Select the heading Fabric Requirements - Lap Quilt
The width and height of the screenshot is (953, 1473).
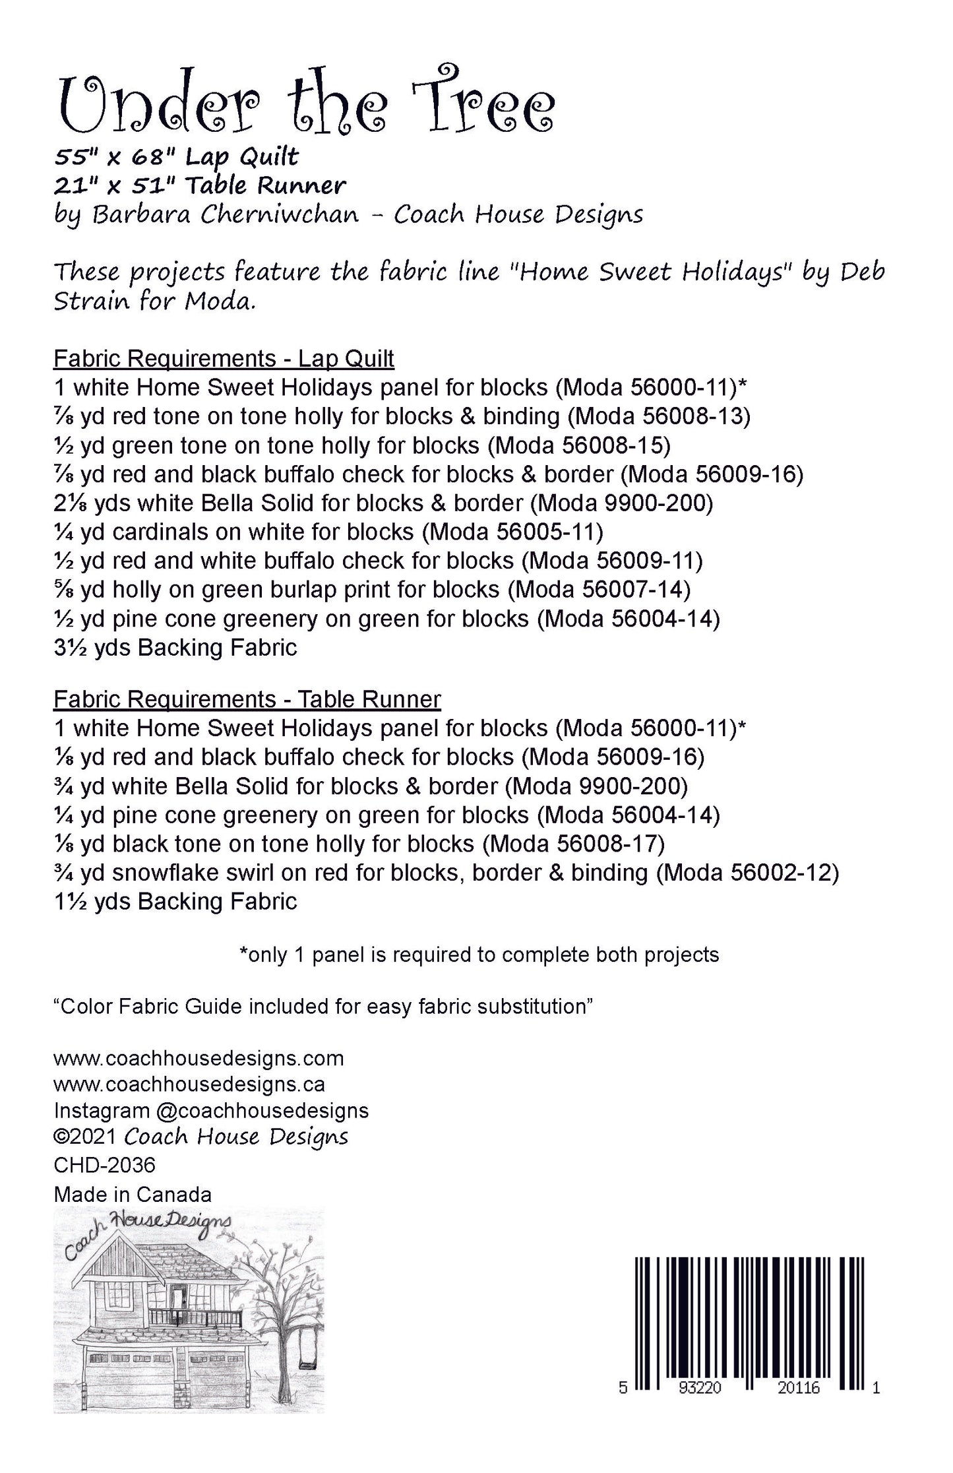224,359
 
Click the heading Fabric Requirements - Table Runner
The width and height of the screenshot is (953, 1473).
247,699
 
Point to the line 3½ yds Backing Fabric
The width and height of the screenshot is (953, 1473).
175,647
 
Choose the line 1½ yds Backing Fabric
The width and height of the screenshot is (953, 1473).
175,902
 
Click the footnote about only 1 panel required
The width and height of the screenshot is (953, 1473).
479,955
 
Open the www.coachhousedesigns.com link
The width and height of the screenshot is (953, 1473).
199,1058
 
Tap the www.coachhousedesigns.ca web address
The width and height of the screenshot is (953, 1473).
189,1084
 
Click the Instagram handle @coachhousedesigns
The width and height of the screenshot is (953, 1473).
262,1111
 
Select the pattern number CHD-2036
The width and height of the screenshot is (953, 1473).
104,1166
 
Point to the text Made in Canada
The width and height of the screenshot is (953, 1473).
133,1195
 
